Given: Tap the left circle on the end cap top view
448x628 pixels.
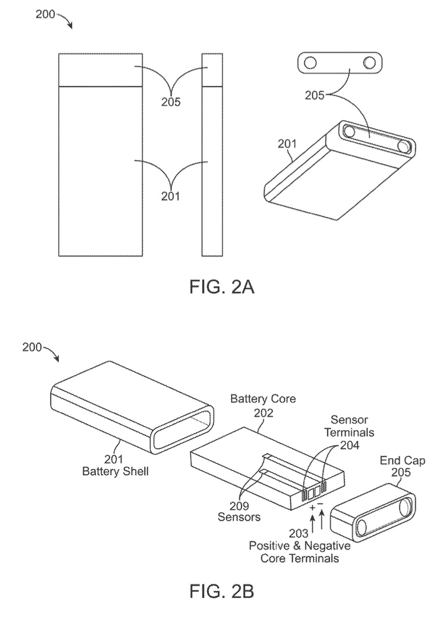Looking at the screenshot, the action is click(x=310, y=63).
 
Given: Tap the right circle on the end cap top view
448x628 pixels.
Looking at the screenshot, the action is click(x=369, y=63).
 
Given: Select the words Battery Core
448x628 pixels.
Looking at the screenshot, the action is click(x=263, y=399).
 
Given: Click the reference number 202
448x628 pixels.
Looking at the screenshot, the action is click(x=264, y=412).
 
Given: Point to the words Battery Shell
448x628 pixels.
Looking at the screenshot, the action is click(x=115, y=471).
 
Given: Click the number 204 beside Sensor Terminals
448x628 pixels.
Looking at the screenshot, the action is click(x=350, y=445).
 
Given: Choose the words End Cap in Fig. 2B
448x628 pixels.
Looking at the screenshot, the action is click(x=402, y=461).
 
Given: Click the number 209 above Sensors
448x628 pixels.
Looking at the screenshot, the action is click(x=239, y=506).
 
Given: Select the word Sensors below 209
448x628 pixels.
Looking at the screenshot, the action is click(x=239, y=517).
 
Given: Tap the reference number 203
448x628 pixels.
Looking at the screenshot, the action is click(x=299, y=533).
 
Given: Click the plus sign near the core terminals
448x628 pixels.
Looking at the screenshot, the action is click(x=312, y=508).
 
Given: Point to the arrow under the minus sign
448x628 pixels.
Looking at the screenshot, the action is click(x=321, y=521).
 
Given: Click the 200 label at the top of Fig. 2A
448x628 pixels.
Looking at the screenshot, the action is click(x=45, y=15).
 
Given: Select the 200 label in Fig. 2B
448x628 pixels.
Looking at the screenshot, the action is click(x=32, y=347).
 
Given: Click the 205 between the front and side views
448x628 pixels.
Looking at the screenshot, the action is click(x=171, y=102).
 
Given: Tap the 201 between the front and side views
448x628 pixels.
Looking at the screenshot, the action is click(x=171, y=197).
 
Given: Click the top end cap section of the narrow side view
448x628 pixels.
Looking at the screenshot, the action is click(x=212, y=70).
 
